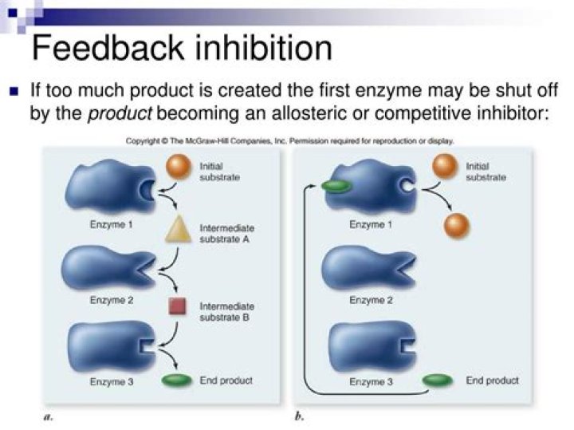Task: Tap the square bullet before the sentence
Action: tap(14, 91)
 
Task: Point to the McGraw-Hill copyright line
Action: tap(290, 141)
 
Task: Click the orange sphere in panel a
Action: tap(179, 168)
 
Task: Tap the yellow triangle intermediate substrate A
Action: tap(176, 231)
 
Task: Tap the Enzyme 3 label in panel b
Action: tap(371, 381)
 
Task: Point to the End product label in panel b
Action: tap(492, 380)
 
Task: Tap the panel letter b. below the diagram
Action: tap(301, 416)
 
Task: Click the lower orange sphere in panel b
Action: tap(457, 225)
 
